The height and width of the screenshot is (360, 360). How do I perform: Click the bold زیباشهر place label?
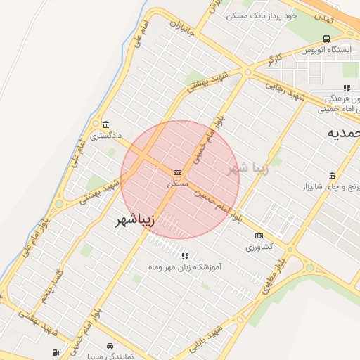pos(143,220)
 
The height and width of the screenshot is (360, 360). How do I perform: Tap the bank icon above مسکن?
pos(177,172)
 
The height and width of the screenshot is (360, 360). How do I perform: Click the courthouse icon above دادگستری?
pos(105,122)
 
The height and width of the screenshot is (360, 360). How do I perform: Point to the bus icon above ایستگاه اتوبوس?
pos(326,39)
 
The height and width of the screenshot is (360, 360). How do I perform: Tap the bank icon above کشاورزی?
pos(259,236)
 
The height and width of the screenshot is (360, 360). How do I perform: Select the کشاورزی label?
pos(260,247)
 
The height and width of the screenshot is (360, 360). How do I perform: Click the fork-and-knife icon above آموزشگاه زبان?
pos(185,256)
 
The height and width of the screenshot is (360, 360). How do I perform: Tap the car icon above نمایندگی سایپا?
pos(111,347)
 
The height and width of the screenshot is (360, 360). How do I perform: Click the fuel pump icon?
pos(55,352)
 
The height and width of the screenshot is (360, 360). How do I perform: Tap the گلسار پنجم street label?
pos(47,286)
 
